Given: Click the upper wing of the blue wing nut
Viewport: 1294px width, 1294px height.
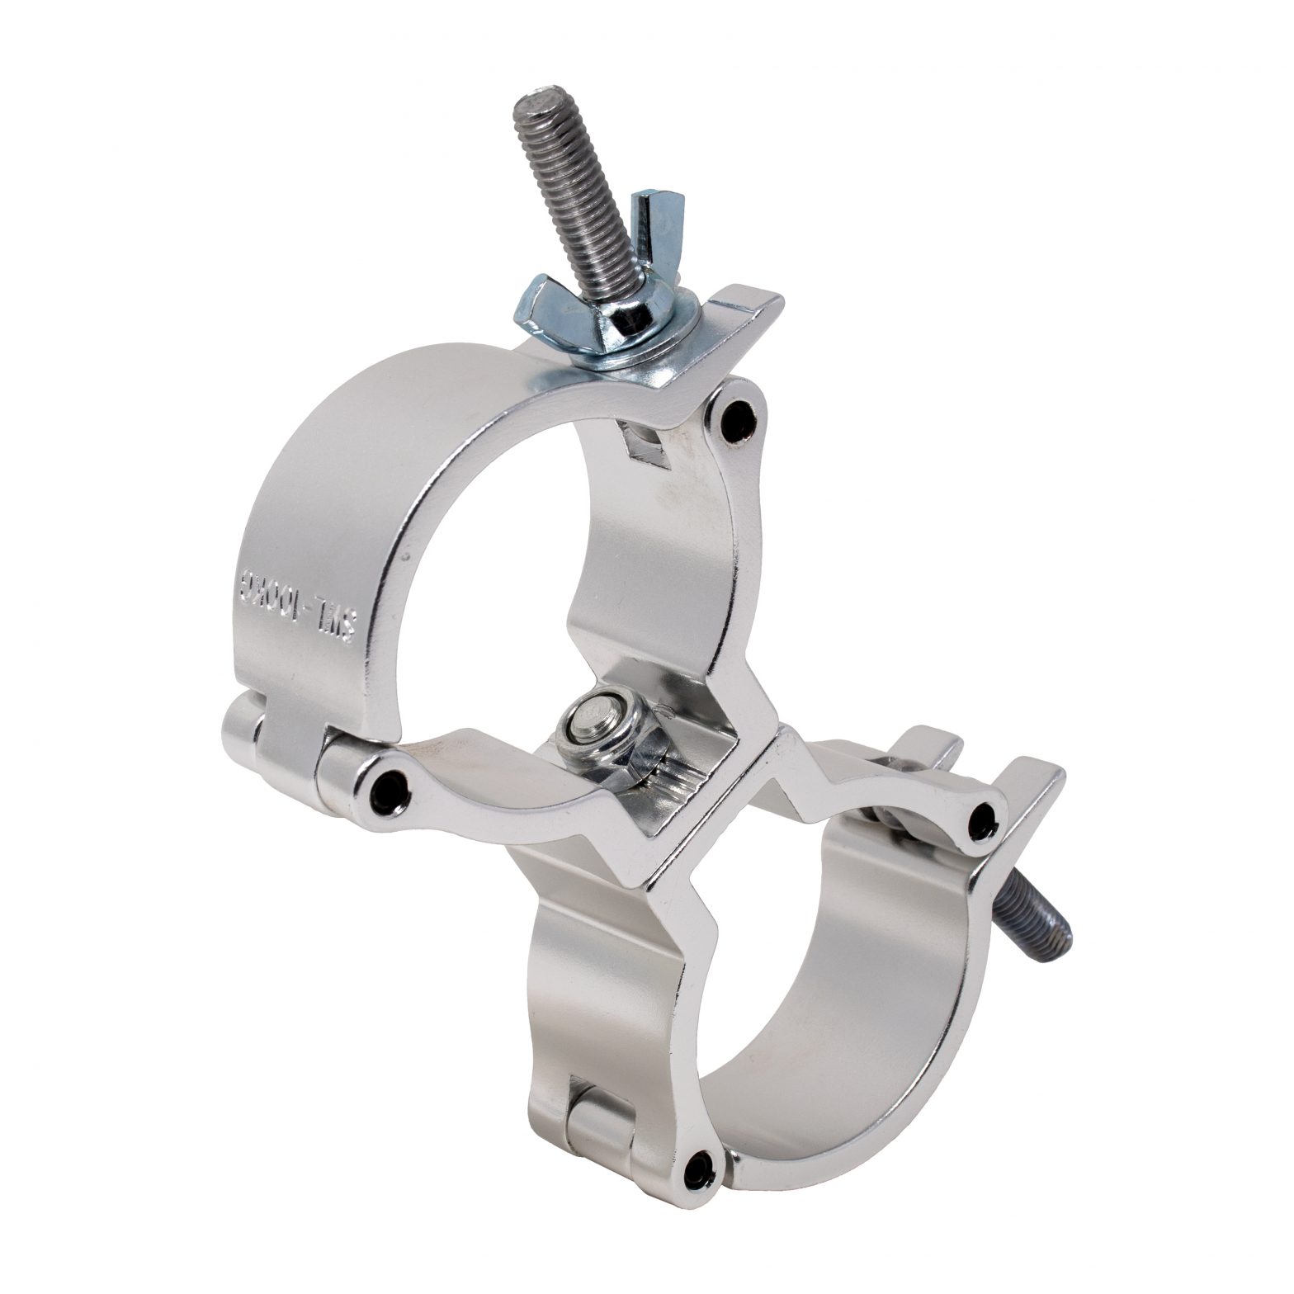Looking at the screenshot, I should (645, 217).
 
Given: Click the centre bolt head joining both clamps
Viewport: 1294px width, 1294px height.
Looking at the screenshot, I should (588, 715).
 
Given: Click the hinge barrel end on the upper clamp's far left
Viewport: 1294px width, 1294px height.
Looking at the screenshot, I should (240, 726).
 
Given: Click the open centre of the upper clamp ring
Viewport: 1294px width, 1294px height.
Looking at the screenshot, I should (512, 578).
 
